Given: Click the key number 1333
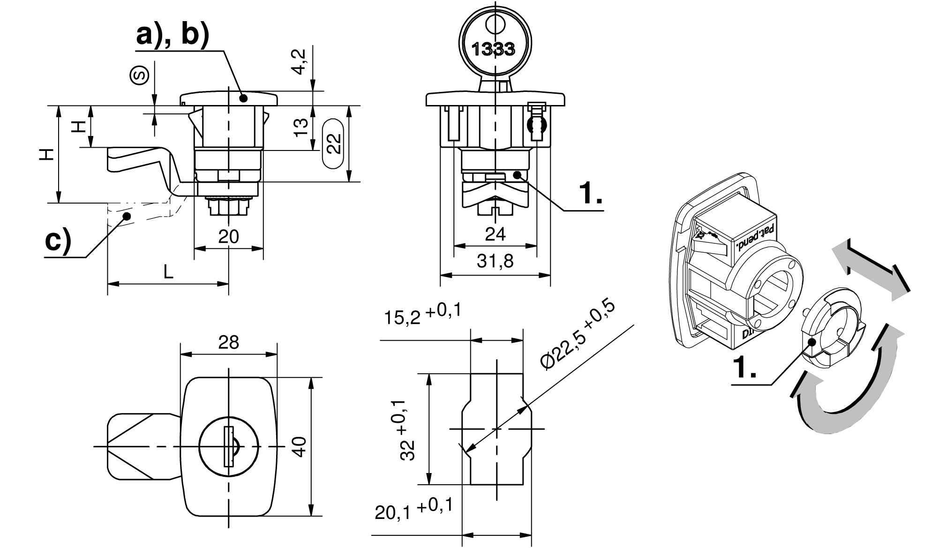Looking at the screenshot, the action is click(493, 48).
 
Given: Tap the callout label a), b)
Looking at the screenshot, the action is click(172, 36).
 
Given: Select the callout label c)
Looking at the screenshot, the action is click(58, 241).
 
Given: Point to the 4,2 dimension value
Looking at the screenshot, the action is click(301, 62).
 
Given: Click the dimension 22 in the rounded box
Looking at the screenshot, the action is click(334, 143).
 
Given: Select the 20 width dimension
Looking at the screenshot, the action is click(228, 236).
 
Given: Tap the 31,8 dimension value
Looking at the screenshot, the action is click(495, 262).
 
